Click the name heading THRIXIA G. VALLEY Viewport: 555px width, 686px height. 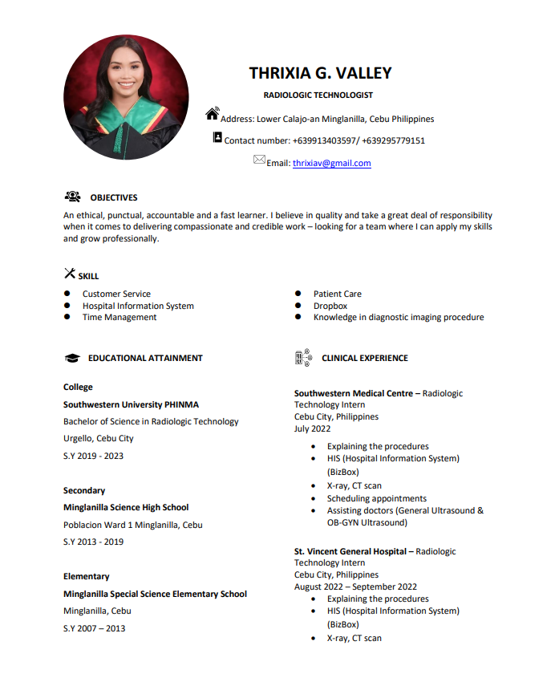pos(320,73)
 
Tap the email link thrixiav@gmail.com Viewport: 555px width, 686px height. pos(331,163)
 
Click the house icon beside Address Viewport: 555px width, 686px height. pos(213,114)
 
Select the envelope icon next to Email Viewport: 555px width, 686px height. pos(259,160)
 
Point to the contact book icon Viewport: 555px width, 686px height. pos(217,138)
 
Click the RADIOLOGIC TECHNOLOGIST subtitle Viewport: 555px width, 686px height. pos(318,95)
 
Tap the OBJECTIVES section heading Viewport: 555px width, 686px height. pos(113,197)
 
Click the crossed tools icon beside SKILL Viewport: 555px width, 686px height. pos(70,274)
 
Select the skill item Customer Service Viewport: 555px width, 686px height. pos(116,294)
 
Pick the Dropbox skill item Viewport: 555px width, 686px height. pos(330,306)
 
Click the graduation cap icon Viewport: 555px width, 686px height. pos(72,359)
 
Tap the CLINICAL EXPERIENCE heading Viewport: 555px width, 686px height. pos(364,358)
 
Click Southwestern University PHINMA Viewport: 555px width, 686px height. pos(131,404)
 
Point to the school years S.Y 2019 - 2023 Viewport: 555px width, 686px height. pos(94,456)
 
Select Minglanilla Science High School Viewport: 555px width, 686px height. pos(126,507)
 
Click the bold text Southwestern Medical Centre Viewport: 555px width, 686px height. pos(353,393)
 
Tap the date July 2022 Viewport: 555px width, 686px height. pos(312,429)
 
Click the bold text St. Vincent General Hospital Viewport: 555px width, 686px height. pos(350,551)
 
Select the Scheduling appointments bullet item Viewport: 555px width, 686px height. pos(376,498)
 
